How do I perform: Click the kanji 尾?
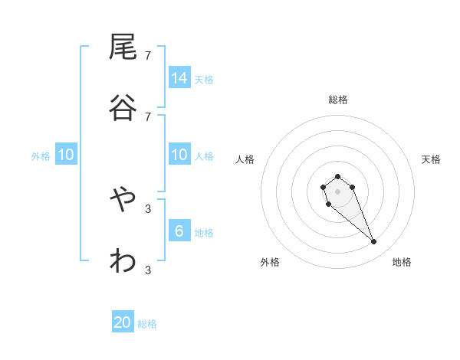coord(123,47)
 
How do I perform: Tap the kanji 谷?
coord(123,107)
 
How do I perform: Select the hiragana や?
coord(123,201)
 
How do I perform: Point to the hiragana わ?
coord(123,261)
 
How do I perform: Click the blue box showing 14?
coord(179,78)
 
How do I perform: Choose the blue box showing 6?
coord(179,231)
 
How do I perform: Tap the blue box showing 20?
coord(123,322)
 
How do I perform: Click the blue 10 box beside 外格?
coord(66,155)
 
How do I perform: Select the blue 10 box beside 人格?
coord(179,155)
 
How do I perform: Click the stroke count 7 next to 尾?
coord(148,55)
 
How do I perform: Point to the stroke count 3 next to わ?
coord(148,270)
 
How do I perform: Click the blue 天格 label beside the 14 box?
coord(204,79)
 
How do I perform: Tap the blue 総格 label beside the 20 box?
coord(147,324)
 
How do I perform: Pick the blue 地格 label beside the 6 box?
coord(204,233)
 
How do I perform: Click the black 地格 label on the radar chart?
coord(402,262)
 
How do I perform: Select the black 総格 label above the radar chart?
coord(338,99)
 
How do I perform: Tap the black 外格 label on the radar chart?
coord(270,262)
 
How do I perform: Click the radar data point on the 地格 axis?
coord(374,242)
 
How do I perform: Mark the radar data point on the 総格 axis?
coord(337,176)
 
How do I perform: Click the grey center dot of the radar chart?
coord(337,191)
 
